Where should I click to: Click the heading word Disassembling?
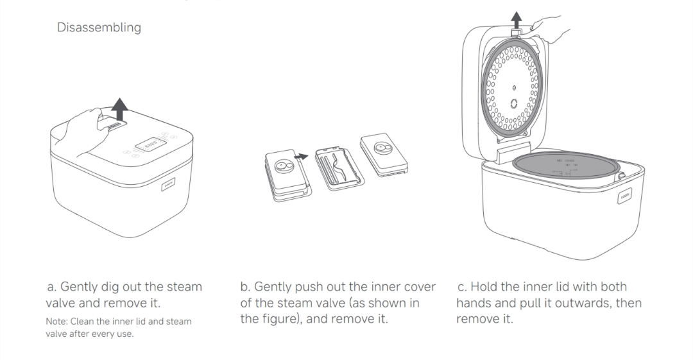(x=99, y=28)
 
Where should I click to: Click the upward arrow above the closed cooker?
(x=119, y=110)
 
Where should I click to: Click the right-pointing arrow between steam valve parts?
(x=299, y=156)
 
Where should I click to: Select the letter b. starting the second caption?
(x=245, y=287)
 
